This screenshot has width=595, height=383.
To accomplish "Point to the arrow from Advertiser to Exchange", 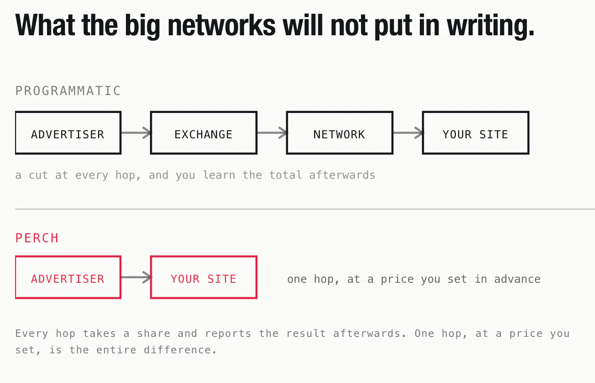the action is click(136, 133).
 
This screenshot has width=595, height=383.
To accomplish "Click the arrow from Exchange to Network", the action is click(272, 133).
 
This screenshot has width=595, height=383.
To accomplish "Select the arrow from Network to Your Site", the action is click(408, 133).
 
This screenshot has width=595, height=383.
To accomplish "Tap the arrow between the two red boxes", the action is click(136, 278).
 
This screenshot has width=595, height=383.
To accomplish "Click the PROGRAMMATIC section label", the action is click(68, 91).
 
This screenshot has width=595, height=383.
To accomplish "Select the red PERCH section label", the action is click(37, 238).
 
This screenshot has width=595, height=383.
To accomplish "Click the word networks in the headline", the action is click(221, 25).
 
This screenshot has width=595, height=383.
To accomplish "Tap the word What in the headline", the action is click(45, 25).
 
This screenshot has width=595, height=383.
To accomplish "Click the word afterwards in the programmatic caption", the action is click(342, 175).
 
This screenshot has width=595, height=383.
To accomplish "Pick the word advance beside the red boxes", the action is click(517, 279).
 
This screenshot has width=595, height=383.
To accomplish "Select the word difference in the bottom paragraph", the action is click(180, 350).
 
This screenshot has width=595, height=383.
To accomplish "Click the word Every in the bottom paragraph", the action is click(31, 334).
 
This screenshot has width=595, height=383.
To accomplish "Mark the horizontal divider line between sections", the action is click(305, 209).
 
